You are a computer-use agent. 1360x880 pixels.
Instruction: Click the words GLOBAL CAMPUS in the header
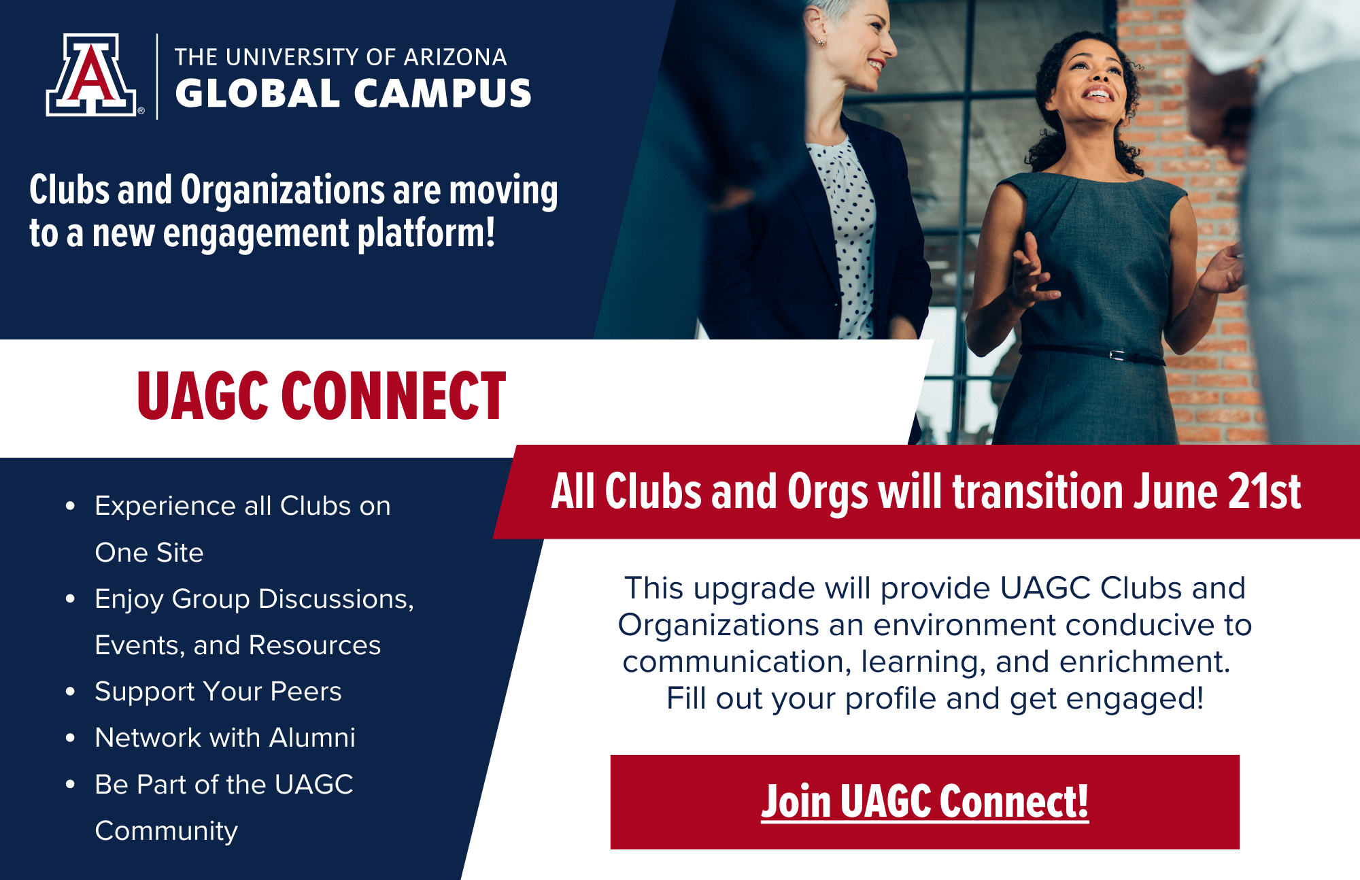353,94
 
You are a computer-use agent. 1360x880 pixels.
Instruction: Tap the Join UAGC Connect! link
925,802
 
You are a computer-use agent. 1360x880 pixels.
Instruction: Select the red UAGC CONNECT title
322,396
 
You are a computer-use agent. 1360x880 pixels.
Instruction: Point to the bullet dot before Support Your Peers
70,692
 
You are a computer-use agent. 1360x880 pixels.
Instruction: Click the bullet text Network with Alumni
225,738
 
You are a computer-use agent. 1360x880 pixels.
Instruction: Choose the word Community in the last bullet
167,831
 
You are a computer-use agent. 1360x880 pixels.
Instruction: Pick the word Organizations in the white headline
282,190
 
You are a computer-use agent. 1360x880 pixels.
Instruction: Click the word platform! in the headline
426,233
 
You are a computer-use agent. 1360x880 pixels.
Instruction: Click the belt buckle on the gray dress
1116,355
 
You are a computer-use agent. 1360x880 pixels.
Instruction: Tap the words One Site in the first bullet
149,553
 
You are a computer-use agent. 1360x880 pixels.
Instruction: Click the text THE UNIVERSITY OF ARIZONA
341,57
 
